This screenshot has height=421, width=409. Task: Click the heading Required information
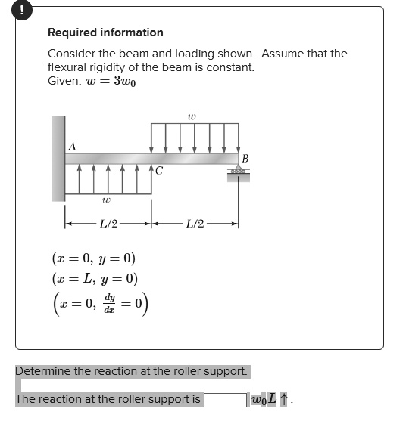point(105,33)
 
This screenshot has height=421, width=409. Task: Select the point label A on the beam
point(72,146)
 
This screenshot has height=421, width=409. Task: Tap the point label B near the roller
point(245,158)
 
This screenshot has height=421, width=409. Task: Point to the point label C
point(158,172)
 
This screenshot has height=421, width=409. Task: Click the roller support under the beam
point(239,174)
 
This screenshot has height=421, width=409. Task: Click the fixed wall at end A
point(58,159)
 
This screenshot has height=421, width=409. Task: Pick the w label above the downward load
point(192,116)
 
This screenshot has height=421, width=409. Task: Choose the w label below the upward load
point(106,201)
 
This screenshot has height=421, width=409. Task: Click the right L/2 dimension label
point(195,224)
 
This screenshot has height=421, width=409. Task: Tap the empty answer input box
point(225,398)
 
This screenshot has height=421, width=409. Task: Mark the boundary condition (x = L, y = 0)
point(95,278)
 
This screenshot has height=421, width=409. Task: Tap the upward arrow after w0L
point(284,398)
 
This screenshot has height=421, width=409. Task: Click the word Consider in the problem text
point(72,54)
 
